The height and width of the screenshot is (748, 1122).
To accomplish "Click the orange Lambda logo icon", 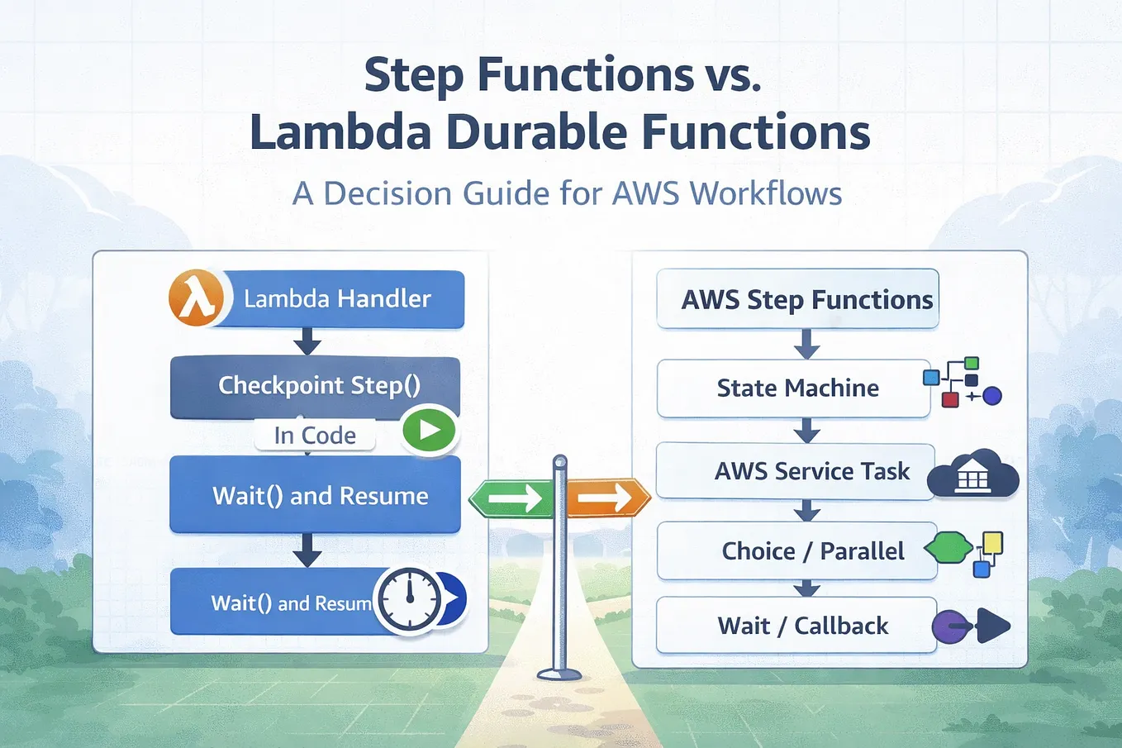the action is pyautogui.click(x=197, y=298).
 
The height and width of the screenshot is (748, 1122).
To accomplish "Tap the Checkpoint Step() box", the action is pyautogui.click(x=316, y=386).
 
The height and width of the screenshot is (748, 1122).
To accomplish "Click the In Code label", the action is pyautogui.click(x=315, y=435).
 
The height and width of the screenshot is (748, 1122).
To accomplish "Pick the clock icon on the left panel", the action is pyautogui.click(x=409, y=598).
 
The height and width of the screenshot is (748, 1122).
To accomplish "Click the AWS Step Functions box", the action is pyautogui.click(x=797, y=299).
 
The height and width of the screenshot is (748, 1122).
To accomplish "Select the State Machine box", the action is pyautogui.click(x=793, y=388).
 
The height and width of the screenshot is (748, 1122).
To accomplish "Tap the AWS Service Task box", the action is pyautogui.click(x=796, y=471).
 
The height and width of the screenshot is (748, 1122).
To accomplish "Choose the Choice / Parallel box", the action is pyautogui.click(x=796, y=551).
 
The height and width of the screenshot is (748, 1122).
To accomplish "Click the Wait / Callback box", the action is pyautogui.click(x=796, y=625).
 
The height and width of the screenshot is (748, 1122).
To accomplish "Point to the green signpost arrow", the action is pyautogui.click(x=511, y=498).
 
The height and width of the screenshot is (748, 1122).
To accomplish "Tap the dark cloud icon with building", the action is pyautogui.click(x=972, y=474).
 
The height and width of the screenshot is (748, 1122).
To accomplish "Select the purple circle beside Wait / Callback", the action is pyautogui.click(x=949, y=627).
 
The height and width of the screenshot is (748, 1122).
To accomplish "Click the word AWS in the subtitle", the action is pyautogui.click(x=645, y=193).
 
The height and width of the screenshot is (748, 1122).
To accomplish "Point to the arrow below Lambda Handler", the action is pyautogui.click(x=307, y=341).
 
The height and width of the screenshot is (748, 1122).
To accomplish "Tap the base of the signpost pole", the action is pyautogui.click(x=559, y=674).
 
